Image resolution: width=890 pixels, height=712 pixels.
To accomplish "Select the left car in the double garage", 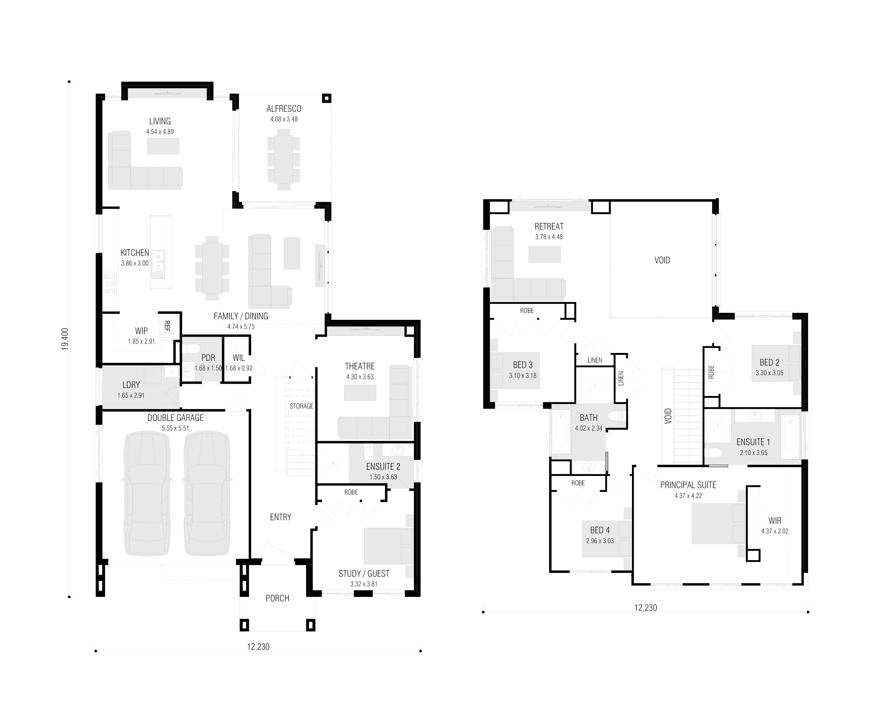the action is (147, 493).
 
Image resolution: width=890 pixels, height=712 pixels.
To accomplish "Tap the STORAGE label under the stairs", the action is (301, 406).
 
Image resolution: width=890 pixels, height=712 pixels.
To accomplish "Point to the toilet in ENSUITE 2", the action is (369, 453).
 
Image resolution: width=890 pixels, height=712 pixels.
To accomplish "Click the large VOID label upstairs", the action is (662, 260).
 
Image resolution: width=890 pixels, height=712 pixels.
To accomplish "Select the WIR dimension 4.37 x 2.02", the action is (775, 531).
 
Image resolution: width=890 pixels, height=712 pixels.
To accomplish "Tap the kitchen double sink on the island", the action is (158, 263).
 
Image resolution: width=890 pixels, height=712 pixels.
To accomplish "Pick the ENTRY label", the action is (281, 517).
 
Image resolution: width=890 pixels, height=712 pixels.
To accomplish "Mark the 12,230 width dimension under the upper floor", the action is (646, 608).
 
